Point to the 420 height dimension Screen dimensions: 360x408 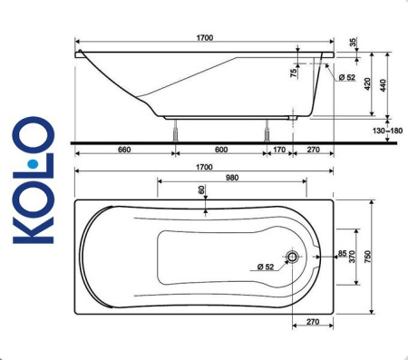pyautogui.click(x=367, y=83)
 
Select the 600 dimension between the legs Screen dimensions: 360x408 pyautogui.click(x=220, y=150)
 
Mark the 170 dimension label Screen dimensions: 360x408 pyautogui.click(x=278, y=150)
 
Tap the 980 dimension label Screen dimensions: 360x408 pyautogui.click(x=237, y=179)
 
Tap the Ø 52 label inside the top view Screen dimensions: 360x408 pyautogui.click(x=265, y=266)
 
